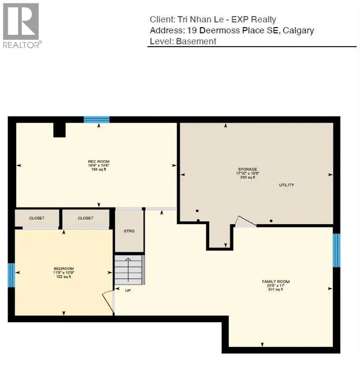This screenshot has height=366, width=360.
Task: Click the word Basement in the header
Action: [x=196, y=41]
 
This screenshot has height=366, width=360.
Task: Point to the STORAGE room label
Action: [x=248, y=169]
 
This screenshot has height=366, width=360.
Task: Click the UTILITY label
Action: [x=287, y=185]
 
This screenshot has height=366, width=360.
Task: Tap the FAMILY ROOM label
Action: [x=276, y=282]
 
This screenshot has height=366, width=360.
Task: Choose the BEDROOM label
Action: [x=63, y=269]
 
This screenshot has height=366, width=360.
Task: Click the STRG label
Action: [x=130, y=231]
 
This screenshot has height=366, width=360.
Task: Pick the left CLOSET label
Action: [x=37, y=218]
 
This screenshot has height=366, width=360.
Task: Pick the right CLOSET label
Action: [x=86, y=218]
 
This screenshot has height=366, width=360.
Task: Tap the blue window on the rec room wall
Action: [x=97, y=120]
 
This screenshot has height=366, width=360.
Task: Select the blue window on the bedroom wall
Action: [x=11, y=275]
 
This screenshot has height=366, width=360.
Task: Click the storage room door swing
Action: [x=245, y=221]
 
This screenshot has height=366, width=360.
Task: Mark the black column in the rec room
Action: [x=59, y=129]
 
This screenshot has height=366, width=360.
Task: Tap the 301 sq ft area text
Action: [x=276, y=289]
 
